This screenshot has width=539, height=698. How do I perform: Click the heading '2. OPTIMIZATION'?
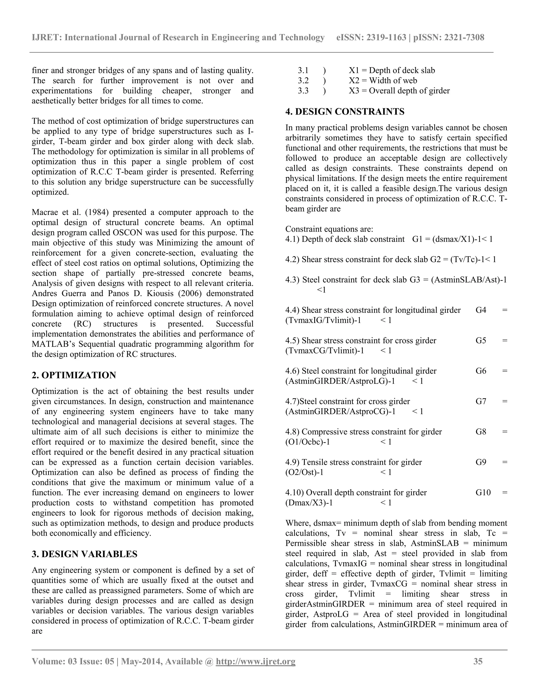coord(74,375)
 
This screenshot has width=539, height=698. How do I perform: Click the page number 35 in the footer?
coord(478,661)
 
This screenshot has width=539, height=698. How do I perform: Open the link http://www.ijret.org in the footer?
coord(256,661)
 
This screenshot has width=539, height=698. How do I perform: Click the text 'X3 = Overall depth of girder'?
coord(399,91)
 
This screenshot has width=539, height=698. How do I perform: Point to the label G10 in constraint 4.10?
coord(483,493)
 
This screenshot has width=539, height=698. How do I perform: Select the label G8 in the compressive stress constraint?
coord(481,432)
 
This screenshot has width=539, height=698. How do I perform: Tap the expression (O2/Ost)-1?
coord(304,472)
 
